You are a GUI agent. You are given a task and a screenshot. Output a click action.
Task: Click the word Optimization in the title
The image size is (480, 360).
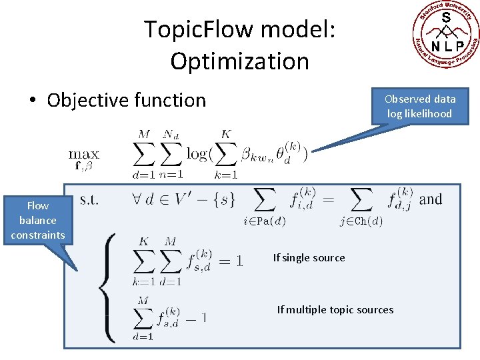pos(239,61)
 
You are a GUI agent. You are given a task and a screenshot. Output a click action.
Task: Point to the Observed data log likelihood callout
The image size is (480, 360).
pos(419,106)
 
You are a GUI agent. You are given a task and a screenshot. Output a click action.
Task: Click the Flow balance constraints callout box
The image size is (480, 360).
pos(37,220)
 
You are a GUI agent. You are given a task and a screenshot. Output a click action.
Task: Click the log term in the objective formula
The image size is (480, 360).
pos(197,154)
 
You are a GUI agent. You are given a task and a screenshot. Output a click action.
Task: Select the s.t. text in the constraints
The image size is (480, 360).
pos(89,199)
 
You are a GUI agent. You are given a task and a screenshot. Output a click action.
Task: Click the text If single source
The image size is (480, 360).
pos(309,258)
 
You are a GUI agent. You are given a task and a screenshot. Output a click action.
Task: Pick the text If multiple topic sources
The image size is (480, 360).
pos(335,309)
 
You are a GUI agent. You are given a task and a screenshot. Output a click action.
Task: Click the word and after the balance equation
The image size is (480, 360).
pos(430,199)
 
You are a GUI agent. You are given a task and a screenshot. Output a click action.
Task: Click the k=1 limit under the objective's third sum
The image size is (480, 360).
pos(226,175)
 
